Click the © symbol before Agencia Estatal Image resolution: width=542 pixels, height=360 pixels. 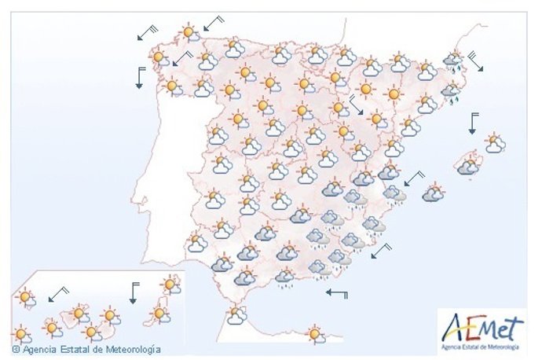(16, 348)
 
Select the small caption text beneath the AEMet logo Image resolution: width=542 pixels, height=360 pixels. (481, 345)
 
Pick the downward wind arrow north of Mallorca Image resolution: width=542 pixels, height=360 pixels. (474, 123)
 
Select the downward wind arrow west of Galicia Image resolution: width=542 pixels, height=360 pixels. (140, 77)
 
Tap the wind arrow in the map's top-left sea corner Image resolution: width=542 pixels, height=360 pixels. (146, 32)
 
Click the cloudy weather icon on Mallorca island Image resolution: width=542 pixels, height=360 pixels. (468, 166)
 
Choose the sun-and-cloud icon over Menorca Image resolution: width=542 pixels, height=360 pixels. (494, 144)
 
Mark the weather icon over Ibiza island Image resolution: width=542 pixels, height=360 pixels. (433, 193)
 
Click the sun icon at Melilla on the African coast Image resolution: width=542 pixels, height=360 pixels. (316, 334)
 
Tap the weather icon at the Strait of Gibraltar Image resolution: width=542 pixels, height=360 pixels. (234, 315)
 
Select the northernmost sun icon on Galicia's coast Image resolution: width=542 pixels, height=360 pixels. (189, 33)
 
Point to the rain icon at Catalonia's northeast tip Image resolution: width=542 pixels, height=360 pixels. (452, 61)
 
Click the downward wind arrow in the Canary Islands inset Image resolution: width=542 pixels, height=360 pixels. (134, 292)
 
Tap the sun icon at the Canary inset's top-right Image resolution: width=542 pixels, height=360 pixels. (170, 285)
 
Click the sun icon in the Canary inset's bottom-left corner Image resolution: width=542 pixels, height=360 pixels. (21, 334)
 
